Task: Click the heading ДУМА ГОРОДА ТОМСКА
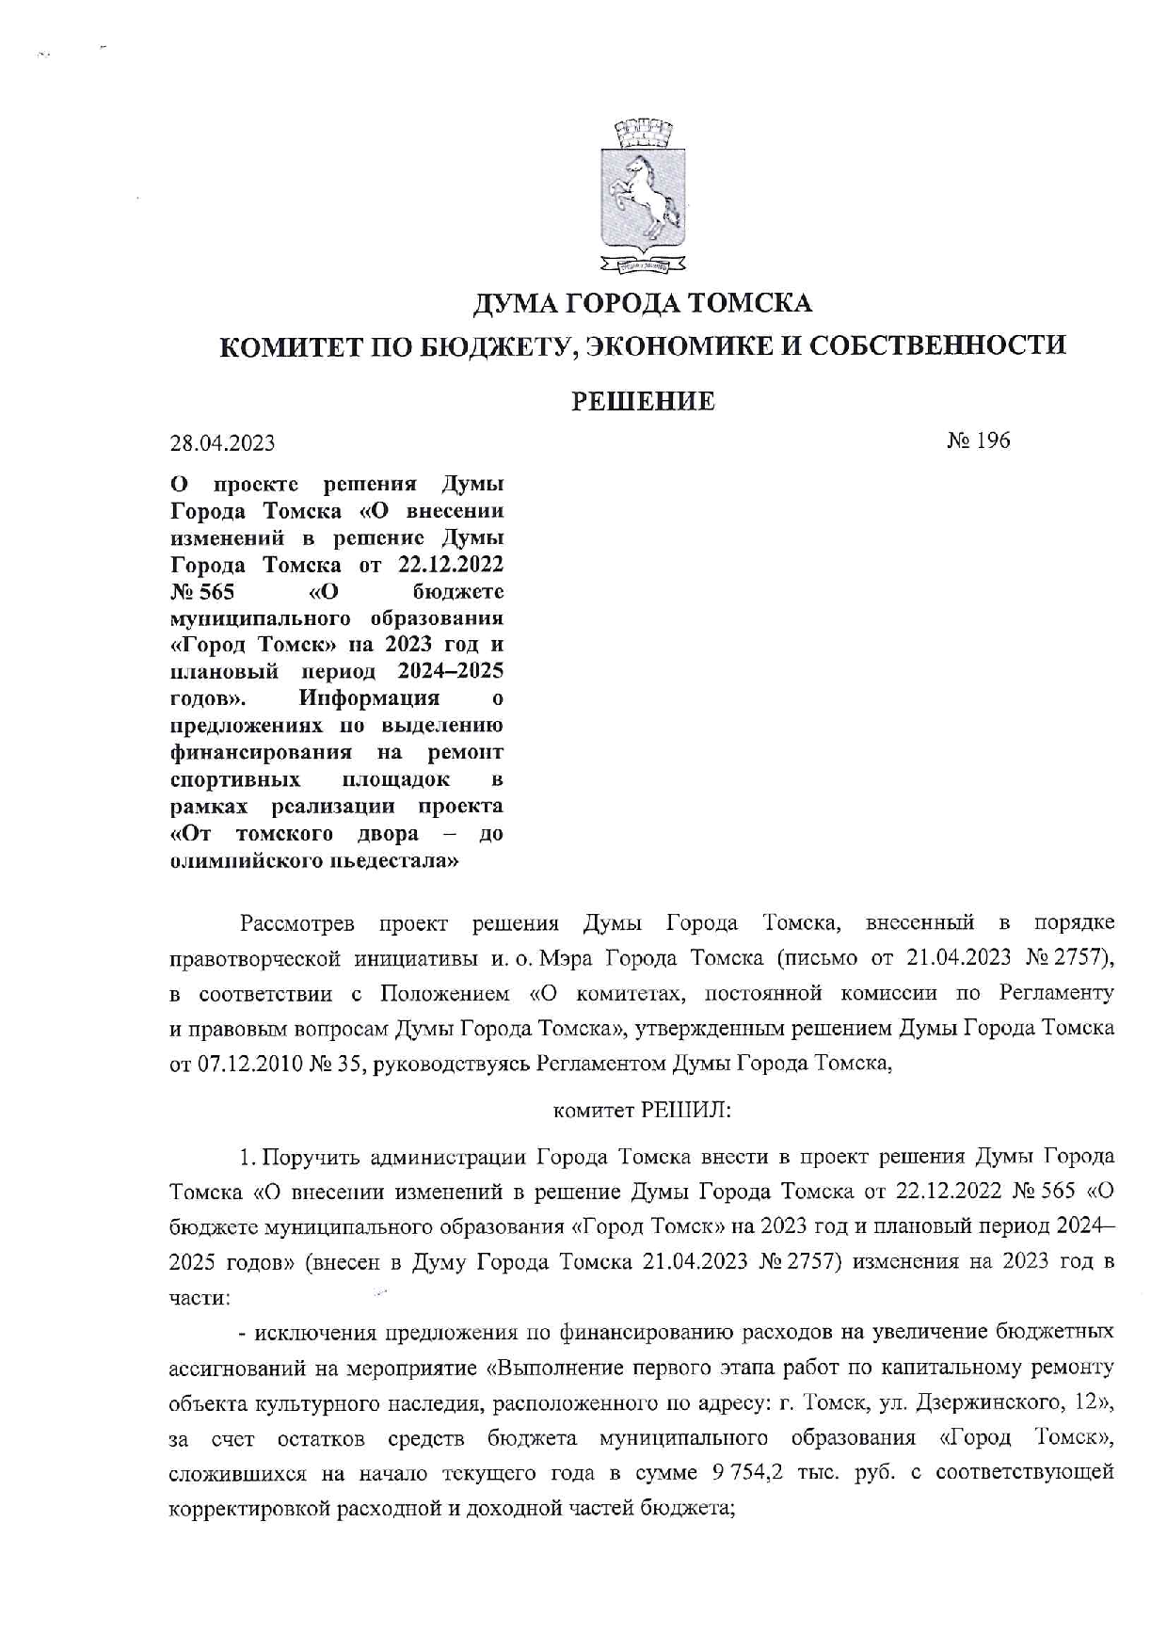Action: (642, 303)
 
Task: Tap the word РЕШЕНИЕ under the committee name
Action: (644, 402)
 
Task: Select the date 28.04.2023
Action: (222, 442)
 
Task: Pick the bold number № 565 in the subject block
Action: (201, 592)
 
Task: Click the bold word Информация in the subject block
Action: (369, 698)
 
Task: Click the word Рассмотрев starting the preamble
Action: (296, 922)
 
